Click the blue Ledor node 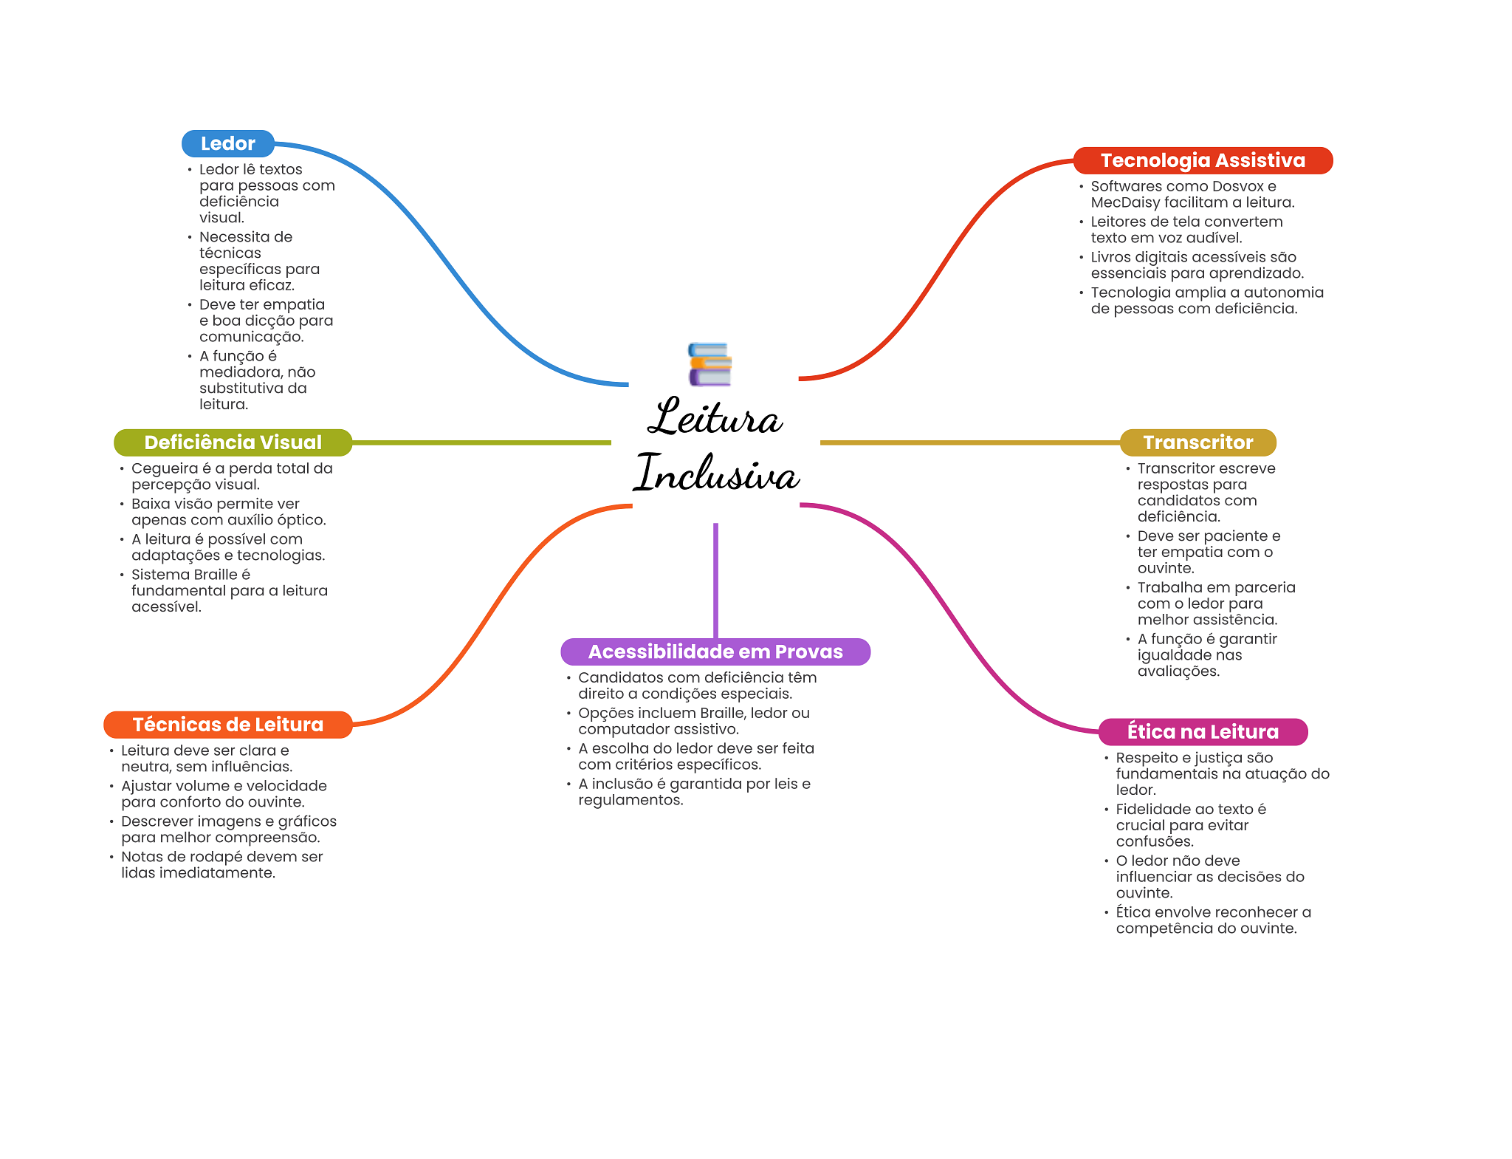click(227, 143)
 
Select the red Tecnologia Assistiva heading click(1202, 160)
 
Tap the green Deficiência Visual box click(233, 442)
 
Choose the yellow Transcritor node click(1197, 442)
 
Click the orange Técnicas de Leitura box click(227, 725)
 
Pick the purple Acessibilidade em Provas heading click(715, 652)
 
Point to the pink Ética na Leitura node click(1202, 731)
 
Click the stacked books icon click(709, 364)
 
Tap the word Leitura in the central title click(715, 418)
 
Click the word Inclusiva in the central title click(717, 473)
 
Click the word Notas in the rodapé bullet click(143, 857)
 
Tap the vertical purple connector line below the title click(715, 580)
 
